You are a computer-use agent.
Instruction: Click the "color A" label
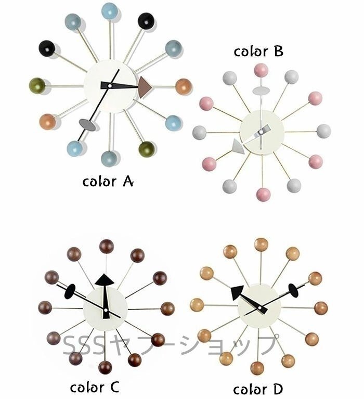[x=109, y=182]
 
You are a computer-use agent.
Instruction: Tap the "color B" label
[x=258, y=51]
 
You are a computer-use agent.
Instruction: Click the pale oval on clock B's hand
[x=261, y=92]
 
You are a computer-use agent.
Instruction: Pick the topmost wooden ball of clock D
[x=261, y=244]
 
